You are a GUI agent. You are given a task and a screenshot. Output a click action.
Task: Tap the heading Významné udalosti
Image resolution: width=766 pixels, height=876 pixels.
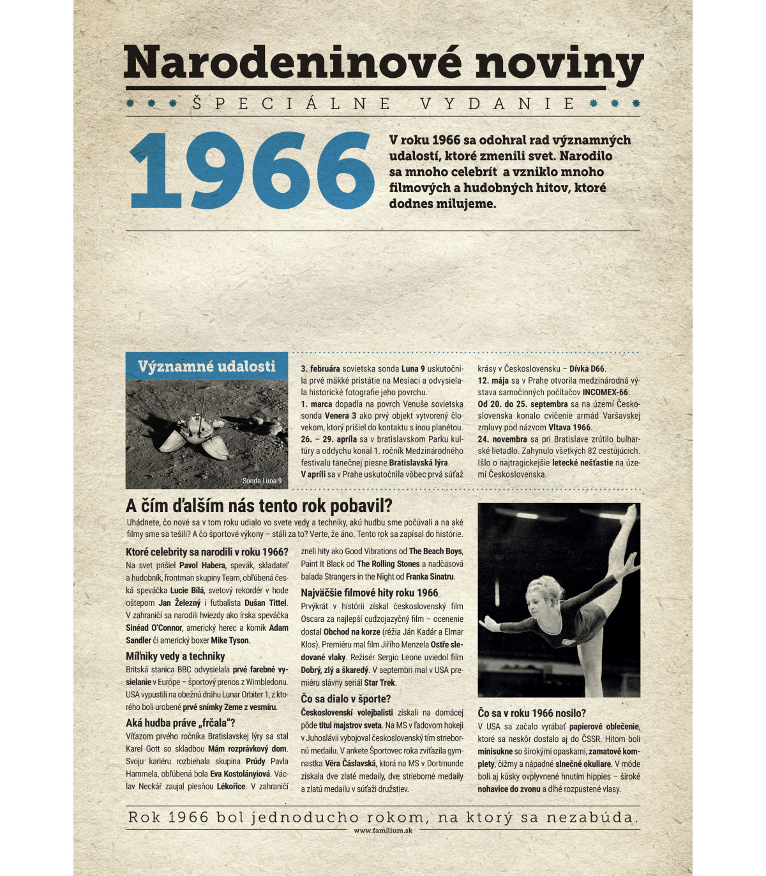tap(207, 366)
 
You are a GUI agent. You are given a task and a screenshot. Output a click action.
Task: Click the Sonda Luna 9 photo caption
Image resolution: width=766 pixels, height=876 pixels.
tap(262, 481)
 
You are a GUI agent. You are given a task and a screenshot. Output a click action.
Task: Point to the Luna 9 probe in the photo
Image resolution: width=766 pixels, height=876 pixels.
tap(195, 434)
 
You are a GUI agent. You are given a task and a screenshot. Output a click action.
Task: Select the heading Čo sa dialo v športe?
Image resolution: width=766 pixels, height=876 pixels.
tap(345, 699)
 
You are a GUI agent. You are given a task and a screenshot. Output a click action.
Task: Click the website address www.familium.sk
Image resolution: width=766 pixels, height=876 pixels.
tap(383, 831)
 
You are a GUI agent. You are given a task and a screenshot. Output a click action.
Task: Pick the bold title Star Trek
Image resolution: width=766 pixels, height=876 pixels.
tap(379, 683)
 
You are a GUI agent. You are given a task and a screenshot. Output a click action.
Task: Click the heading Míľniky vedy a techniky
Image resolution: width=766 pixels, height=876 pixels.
tap(176, 656)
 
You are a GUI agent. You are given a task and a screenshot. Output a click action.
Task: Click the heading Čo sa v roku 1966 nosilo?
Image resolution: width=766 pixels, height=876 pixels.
tap(532, 713)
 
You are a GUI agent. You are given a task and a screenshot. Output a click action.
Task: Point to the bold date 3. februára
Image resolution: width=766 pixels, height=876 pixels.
tap(320, 369)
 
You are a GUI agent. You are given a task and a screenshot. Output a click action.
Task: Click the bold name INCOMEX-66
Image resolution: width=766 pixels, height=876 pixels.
tap(605, 392)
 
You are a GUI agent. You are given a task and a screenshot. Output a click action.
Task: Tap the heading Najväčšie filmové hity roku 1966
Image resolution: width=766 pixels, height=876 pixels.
tap(370, 593)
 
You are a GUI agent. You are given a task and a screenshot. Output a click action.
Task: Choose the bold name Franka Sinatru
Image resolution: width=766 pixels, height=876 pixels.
tap(430, 577)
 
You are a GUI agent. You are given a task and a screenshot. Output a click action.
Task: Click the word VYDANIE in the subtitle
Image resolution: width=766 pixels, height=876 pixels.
tap(498, 103)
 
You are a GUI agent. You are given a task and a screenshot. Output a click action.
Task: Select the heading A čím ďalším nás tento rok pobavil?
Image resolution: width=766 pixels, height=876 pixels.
tap(259, 506)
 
